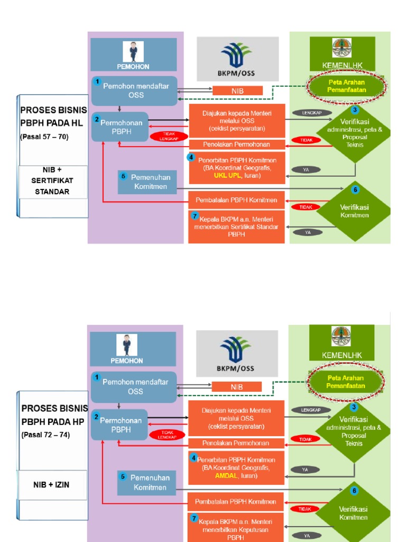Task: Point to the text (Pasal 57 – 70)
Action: coord(44,137)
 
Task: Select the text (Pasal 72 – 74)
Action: coord(45,435)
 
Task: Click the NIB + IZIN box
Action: coord(52,485)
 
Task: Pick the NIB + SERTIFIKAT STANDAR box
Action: coord(52,180)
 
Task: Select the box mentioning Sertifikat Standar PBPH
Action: coord(236,227)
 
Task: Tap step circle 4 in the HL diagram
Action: coord(191,157)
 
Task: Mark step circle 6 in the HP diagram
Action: coord(355,491)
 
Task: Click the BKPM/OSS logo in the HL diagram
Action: coord(237,59)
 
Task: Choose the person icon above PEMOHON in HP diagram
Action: coord(127,345)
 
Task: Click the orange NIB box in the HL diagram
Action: coord(237,91)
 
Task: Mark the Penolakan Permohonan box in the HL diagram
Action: coord(237,144)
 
